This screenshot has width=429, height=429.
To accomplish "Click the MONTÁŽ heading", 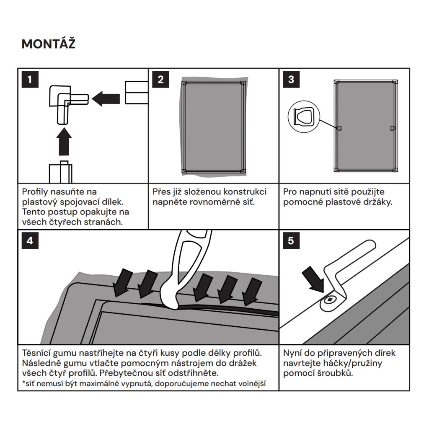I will point(48,44).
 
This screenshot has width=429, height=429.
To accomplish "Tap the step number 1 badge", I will point(29,79).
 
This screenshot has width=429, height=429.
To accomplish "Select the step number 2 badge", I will point(160,79).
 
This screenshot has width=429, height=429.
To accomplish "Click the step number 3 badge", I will point(291,79).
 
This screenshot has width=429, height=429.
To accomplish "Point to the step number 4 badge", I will point(29,241).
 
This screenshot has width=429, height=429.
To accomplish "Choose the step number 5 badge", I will point(291,241).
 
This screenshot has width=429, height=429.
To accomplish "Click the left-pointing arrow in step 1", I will point(106,99).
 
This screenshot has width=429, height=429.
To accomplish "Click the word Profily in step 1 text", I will point(35,192).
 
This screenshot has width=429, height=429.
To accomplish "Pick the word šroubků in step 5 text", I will point(336,373).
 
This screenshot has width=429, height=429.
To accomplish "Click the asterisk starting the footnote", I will point(23,383).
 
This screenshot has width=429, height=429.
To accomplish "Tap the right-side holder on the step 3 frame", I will point(392,128).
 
